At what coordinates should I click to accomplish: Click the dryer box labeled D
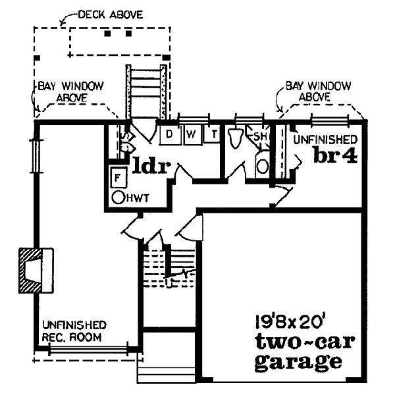tap(171, 135)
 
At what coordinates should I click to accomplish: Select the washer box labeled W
tap(192, 135)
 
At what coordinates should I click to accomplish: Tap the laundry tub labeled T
tap(212, 134)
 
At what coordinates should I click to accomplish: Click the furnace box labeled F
tap(118, 177)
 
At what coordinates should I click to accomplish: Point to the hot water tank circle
tap(118, 197)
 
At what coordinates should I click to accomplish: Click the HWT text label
tap(138, 198)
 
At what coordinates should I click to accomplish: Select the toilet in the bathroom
tap(236, 138)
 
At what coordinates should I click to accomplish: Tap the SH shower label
tap(260, 136)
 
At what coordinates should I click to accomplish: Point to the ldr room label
tap(151, 165)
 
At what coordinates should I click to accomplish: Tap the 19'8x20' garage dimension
tap(289, 321)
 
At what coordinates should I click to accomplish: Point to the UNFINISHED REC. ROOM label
tap(74, 330)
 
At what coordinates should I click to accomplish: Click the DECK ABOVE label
tap(111, 15)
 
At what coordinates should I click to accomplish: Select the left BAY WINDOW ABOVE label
tap(70, 92)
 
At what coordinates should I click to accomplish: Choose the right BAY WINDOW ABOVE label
tap(318, 92)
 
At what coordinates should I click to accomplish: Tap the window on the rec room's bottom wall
tap(88, 350)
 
